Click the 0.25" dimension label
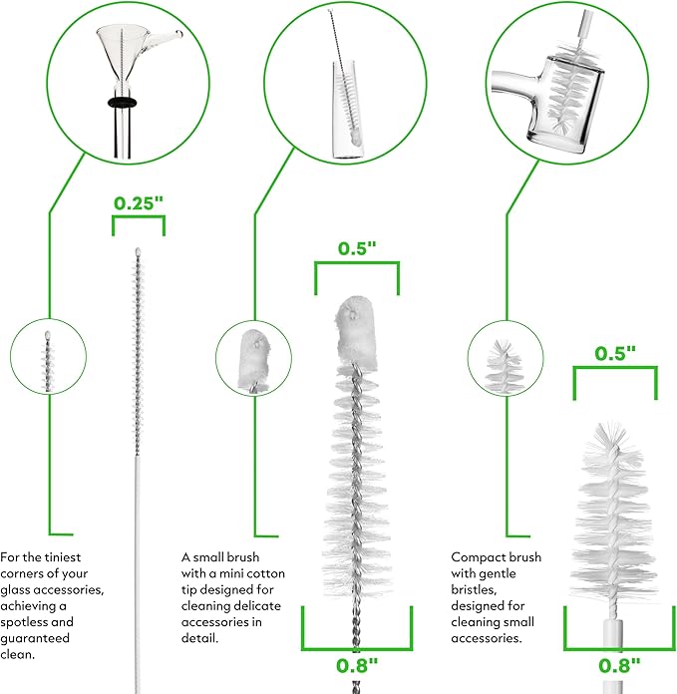(x=139, y=203)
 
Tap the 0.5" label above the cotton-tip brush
(x=357, y=248)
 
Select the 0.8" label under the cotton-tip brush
(x=357, y=665)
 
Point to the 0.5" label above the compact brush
(x=615, y=353)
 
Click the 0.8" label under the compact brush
(x=619, y=665)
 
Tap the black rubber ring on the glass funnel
(x=122, y=103)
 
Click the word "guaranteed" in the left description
(x=35, y=639)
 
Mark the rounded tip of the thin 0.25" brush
(x=138, y=252)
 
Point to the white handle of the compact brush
(x=612, y=655)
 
